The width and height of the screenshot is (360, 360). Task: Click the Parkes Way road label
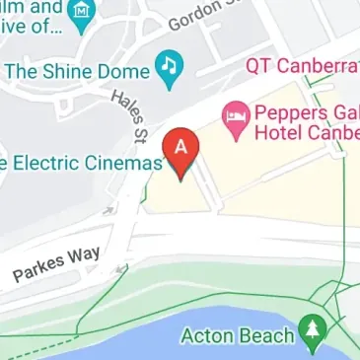click(56, 265)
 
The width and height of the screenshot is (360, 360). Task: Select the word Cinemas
click(124, 164)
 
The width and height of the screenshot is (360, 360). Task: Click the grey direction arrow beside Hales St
click(107, 209)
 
